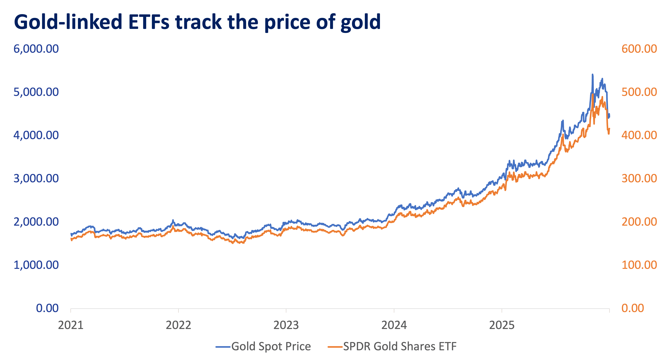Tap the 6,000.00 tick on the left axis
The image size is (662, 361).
tap(36, 49)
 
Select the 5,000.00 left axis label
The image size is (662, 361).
tap(36, 92)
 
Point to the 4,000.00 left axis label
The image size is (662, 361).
tap(36, 135)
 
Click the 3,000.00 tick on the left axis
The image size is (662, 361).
tap(36, 178)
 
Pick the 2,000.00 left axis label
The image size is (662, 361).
tap(36, 222)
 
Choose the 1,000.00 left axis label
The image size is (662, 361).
tap(36, 265)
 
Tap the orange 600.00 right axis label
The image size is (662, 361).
tap(639, 49)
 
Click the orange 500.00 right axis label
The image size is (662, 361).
tap(639, 92)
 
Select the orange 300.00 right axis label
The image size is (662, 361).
tap(639, 178)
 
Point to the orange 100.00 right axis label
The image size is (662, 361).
tap(639, 265)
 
